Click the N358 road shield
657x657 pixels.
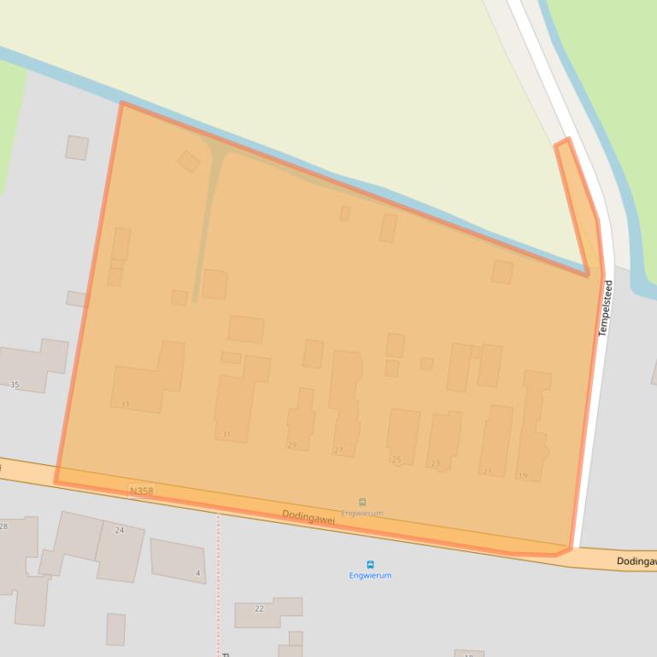coord(141,491)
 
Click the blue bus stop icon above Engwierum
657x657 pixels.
coord(370,564)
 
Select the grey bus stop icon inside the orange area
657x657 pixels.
coord(362,503)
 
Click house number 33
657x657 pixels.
coord(126,404)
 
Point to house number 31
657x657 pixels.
coord(226,434)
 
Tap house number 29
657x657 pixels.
coord(291,445)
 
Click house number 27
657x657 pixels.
coord(338,450)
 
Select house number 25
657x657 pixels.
coord(396,459)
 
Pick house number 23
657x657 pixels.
coord(435,463)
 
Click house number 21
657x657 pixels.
coord(487,471)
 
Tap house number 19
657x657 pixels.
coord(523,475)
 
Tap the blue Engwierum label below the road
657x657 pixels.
coord(370,576)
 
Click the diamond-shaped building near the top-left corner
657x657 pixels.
coord(189,161)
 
